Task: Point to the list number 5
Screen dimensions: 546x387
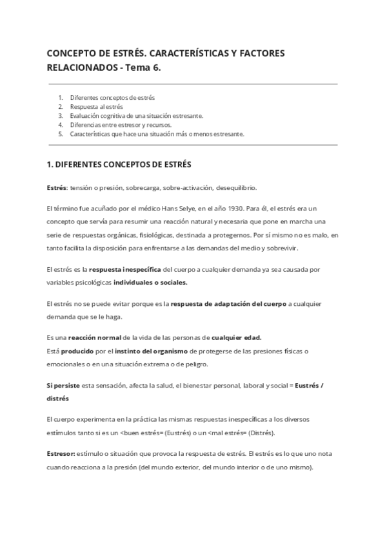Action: pos(61,134)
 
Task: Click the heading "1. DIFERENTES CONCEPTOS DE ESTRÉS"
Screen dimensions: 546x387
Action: pos(119,164)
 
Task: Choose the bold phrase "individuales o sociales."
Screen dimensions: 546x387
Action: pos(151,281)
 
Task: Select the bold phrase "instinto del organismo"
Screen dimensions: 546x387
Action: pos(153,350)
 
